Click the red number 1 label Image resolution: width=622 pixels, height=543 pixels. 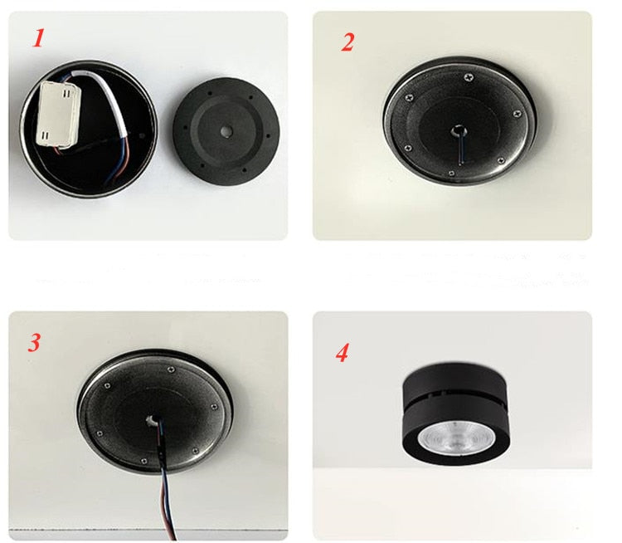(x=37, y=39)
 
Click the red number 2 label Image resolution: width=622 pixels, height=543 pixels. (x=347, y=42)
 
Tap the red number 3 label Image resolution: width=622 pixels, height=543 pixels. (x=34, y=342)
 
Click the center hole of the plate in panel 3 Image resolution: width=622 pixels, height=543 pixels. (x=153, y=421)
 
